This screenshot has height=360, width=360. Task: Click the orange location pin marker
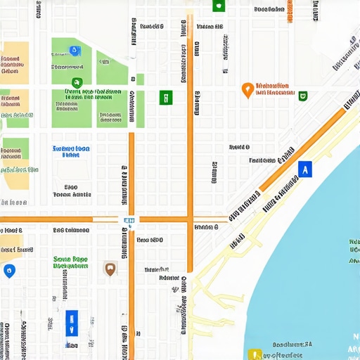coord(247,89)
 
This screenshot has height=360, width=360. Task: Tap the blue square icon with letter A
coord(304,169)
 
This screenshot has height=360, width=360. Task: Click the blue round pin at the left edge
coord(8,270)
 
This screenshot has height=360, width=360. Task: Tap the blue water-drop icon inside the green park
coord(75,51)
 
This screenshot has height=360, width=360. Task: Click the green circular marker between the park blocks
coord(77,83)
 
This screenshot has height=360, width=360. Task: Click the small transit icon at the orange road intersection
coord(129,220)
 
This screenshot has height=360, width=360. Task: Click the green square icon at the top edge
coord(218,6)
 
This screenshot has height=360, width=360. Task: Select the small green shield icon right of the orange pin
coord(302,96)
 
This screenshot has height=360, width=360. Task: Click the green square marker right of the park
coord(165,98)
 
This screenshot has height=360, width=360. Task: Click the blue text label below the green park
coord(71,152)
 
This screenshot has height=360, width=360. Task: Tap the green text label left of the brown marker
coord(70,263)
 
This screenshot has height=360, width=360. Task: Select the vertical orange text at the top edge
coord(290,12)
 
